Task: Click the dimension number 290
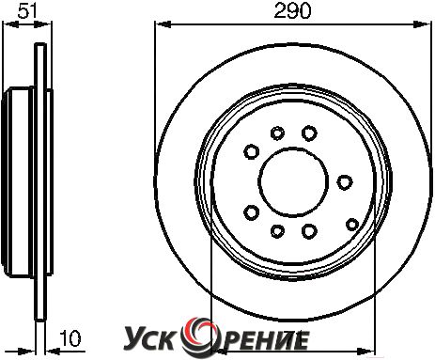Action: point(292,11)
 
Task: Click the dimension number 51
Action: point(27,10)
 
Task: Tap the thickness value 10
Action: point(70,338)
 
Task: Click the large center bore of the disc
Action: point(293,181)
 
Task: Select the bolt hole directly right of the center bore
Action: point(345,181)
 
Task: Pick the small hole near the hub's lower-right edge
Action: point(352,225)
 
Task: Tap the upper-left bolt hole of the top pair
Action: point(277,133)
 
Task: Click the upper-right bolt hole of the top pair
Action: point(309,133)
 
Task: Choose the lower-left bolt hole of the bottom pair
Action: point(277,231)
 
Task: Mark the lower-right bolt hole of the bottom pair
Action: point(309,231)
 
